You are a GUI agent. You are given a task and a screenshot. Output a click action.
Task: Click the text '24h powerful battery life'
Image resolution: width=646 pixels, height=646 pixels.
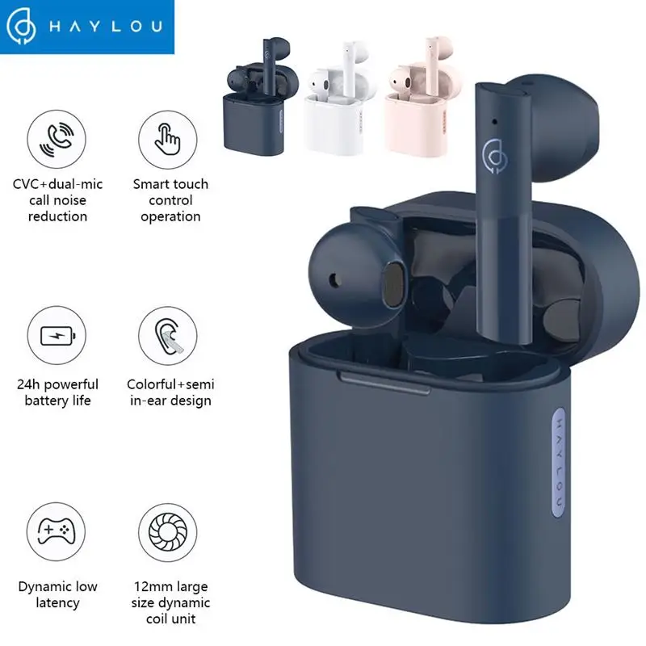point(57,392)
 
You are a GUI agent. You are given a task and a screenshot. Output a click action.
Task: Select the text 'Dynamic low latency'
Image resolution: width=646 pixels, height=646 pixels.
point(57,594)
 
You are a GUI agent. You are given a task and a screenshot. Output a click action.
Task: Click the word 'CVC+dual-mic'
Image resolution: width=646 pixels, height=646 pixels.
point(57,185)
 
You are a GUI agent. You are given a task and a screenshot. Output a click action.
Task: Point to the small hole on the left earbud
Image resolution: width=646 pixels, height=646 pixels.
point(335,280)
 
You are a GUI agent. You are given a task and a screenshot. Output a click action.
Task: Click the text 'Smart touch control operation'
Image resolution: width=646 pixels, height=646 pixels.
point(170,200)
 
